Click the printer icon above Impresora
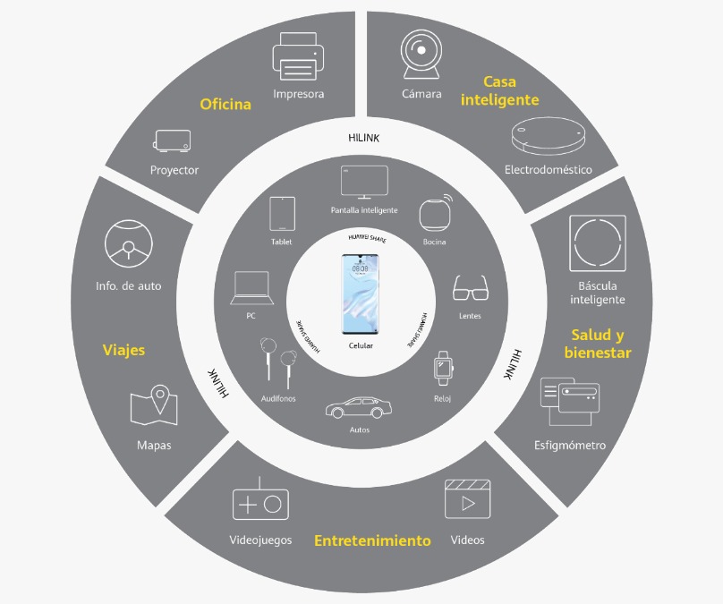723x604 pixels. (298, 56)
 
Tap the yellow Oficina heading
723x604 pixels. (225, 104)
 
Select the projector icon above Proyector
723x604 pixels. (172, 140)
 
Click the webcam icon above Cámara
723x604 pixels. (421, 55)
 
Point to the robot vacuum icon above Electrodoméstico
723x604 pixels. (549, 136)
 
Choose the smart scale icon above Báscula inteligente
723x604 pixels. (598, 243)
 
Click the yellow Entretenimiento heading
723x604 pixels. (372, 540)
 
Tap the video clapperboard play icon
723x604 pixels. (468, 499)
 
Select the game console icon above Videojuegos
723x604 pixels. (260, 499)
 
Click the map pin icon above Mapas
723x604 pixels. (154, 404)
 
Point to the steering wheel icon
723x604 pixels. (129, 243)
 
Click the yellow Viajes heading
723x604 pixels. (123, 350)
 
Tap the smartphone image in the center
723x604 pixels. (360, 294)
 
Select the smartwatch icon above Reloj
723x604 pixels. (444, 369)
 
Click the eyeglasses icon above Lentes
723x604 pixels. (471, 288)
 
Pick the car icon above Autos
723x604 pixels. (359, 407)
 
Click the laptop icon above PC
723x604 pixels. (251, 288)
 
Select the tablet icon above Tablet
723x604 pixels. (282, 214)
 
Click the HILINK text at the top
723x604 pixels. (364, 138)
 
